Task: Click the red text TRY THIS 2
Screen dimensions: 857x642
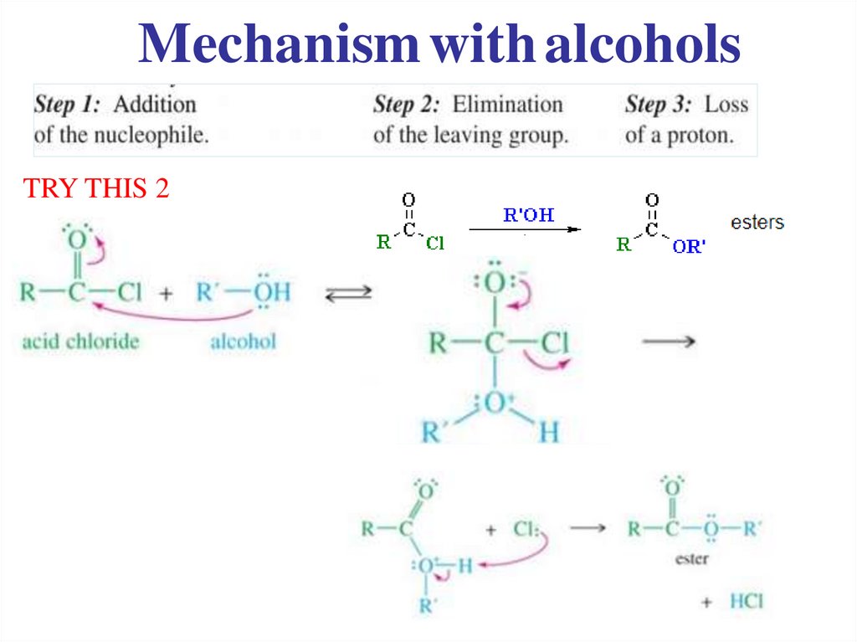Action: click(x=97, y=189)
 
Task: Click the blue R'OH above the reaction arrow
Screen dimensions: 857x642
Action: click(x=528, y=215)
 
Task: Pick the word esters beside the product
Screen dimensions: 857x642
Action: click(x=757, y=223)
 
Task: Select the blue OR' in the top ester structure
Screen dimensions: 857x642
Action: click(x=690, y=247)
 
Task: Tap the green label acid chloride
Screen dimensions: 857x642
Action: click(x=80, y=341)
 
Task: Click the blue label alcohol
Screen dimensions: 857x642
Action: click(x=243, y=341)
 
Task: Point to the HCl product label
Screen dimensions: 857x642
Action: click(x=747, y=601)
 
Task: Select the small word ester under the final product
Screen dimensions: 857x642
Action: click(x=691, y=558)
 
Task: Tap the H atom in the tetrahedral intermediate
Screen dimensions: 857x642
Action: click(x=548, y=433)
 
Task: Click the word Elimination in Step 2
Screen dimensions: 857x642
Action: click(x=508, y=105)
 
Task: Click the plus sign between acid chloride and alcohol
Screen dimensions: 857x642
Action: click(x=166, y=294)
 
